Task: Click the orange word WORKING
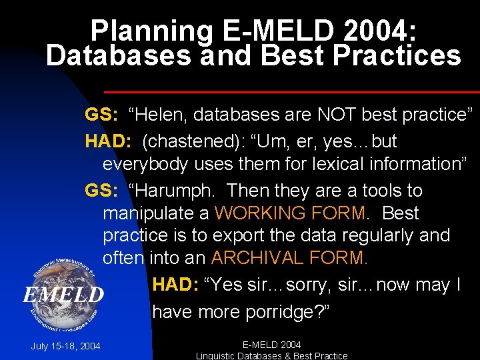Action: click(256, 213)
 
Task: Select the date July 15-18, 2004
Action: click(65, 346)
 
